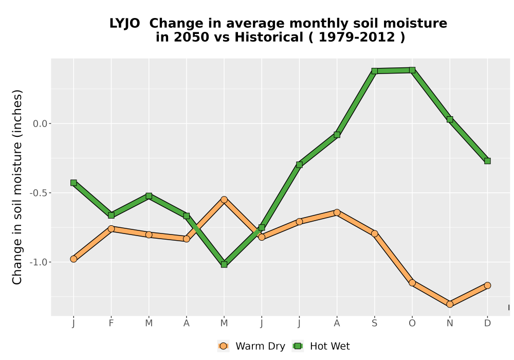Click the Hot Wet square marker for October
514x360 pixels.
[x=412, y=70]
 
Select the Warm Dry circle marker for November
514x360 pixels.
[x=450, y=304]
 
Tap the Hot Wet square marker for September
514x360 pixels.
[x=374, y=71]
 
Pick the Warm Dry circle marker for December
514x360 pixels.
[x=487, y=285]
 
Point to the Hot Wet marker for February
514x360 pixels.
[x=111, y=215]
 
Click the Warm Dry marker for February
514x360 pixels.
[x=111, y=228]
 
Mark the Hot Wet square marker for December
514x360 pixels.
[x=487, y=161]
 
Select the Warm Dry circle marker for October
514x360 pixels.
[x=412, y=283]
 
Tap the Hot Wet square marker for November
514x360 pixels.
[x=450, y=119]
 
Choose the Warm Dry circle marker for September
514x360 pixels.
[x=374, y=233]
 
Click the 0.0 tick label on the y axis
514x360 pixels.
[x=40, y=123]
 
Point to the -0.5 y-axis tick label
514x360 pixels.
[x=39, y=193]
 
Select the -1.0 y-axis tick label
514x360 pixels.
[x=39, y=262]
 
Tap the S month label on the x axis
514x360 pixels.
[x=374, y=323]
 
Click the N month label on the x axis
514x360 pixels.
[x=450, y=323]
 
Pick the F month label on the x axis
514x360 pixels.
[x=111, y=323]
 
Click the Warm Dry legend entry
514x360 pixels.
[x=251, y=346]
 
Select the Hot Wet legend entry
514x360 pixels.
[x=321, y=346]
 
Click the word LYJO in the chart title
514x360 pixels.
[x=124, y=24]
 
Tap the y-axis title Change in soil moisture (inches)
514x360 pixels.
[x=17, y=187]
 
